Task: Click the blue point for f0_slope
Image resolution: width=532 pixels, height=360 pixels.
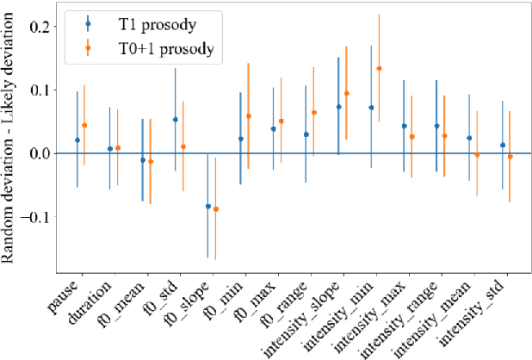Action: pyautogui.click(x=207, y=206)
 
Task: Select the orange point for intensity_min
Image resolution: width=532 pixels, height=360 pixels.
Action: pyautogui.click(x=379, y=68)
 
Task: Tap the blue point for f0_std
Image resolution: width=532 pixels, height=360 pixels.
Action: pyautogui.click(x=176, y=120)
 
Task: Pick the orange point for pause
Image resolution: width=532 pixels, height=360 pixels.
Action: pyautogui.click(x=84, y=125)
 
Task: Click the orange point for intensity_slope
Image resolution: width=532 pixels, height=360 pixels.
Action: pyautogui.click(x=346, y=93)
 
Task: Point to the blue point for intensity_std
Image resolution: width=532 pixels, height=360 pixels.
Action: pyautogui.click(x=503, y=145)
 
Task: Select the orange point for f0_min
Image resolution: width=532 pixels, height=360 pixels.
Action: pyautogui.click(x=248, y=115)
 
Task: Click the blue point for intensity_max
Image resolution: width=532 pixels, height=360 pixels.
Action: pyautogui.click(x=405, y=126)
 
